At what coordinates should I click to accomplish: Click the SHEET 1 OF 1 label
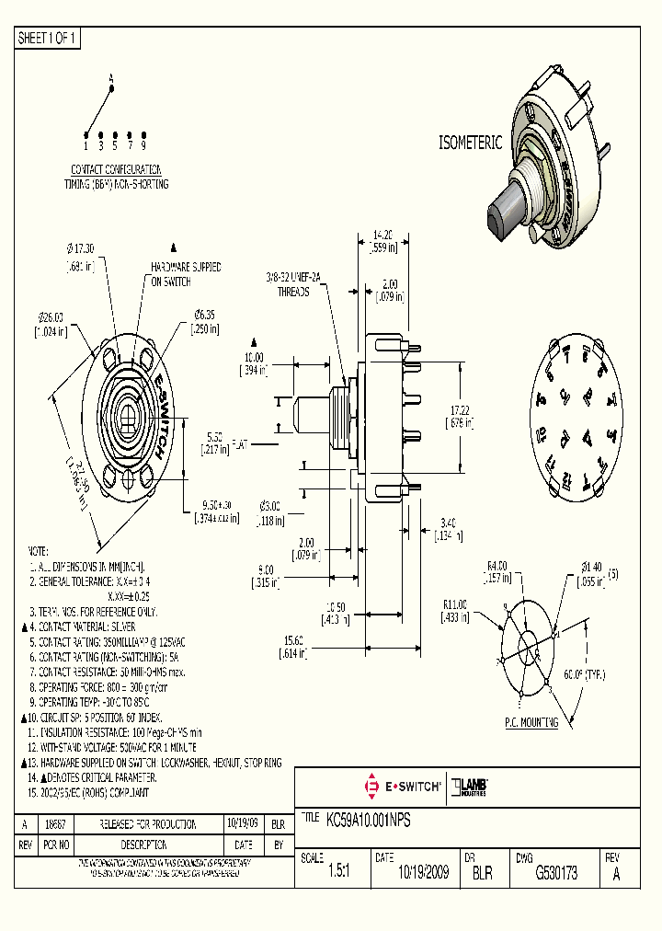[48, 39]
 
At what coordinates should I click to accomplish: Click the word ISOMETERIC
[469, 143]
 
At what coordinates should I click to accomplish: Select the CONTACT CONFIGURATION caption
[116, 169]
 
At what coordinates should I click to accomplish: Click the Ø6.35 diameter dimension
[204, 315]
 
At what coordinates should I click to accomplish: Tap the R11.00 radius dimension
[456, 604]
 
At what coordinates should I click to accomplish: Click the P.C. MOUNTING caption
[532, 723]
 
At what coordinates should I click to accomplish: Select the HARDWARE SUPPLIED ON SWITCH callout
[186, 273]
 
